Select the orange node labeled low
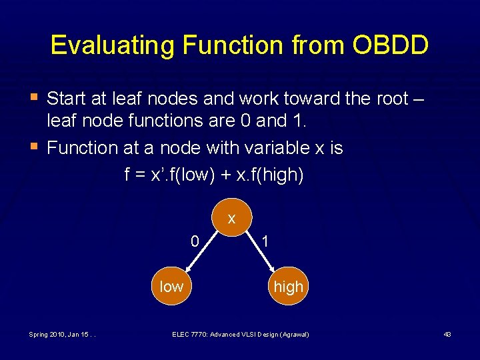click(x=171, y=287)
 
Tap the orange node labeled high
click(x=289, y=287)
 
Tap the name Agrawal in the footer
click(x=293, y=334)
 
